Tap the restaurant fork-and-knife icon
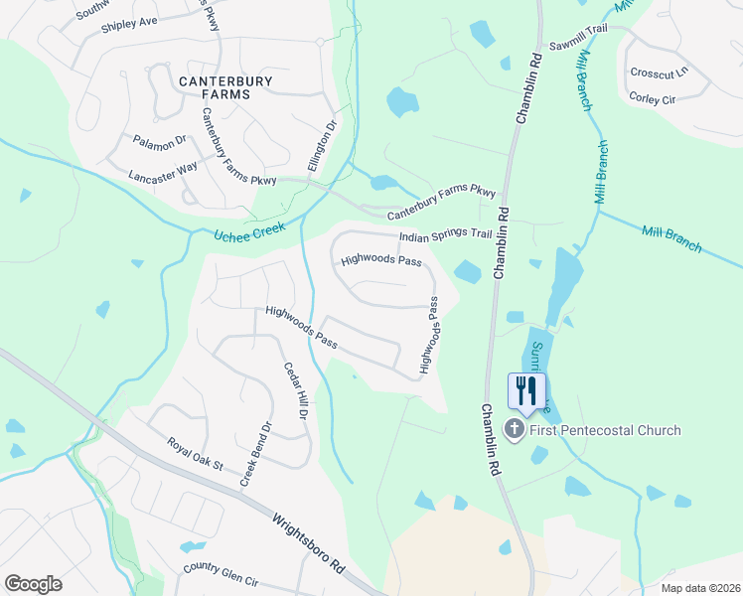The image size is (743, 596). pyautogui.click(x=526, y=389)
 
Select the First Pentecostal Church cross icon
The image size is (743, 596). pyautogui.click(x=515, y=430)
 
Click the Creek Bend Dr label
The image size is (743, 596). pyautogui.click(x=254, y=454)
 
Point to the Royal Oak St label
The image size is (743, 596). pyautogui.click(x=196, y=454)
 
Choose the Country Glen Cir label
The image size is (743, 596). pyautogui.click(x=221, y=574)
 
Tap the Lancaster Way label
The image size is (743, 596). pyautogui.click(x=163, y=172)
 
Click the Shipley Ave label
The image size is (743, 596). pyautogui.click(x=129, y=23)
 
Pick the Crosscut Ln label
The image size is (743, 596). pyautogui.click(x=659, y=73)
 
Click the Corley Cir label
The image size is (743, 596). pyautogui.click(x=652, y=98)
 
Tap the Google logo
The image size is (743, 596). pyautogui.click(x=34, y=584)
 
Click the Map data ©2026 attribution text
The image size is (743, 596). pyautogui.click(x=700, y=588)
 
